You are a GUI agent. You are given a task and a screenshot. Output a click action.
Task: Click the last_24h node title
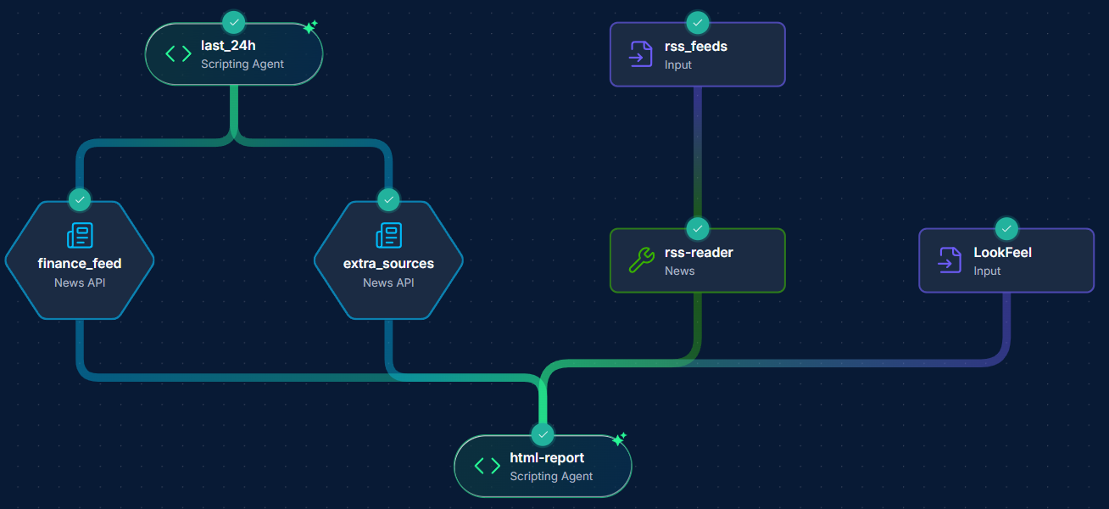(x=228, y=46)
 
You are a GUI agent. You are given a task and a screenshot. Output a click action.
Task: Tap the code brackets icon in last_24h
(x=178, y=54)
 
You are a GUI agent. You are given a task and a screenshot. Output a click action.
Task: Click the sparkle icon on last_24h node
(x=309, y=27)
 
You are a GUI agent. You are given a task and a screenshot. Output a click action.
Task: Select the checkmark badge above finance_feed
(x=80, y=199)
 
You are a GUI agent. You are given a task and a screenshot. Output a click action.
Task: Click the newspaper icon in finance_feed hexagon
(x=80, y=236)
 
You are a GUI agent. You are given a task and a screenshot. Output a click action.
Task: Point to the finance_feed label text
(x=80, y=264)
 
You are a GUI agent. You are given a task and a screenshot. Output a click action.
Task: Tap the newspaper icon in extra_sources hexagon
(x=388, y=236)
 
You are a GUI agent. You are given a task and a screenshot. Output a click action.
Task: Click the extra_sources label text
(x=388, y=264)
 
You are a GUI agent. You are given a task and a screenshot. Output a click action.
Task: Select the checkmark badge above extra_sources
(x=388, y=199)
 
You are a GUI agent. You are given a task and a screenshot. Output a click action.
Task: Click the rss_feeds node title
(x=695, y=47)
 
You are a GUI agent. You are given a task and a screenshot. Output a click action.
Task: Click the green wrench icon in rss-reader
(x=641, y=260)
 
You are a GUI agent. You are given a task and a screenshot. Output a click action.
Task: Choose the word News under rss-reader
(x=679, y=271)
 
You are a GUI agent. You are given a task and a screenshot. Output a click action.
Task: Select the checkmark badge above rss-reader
(x=697, y=228)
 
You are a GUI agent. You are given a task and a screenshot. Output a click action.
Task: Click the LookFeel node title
(x=1002, y=253)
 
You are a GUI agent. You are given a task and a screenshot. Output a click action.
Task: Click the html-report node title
(x=547, y=458)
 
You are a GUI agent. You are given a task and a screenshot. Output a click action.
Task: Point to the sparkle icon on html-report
(x=619, y=439)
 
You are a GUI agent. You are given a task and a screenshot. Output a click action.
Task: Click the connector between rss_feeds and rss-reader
(x=697, y=157)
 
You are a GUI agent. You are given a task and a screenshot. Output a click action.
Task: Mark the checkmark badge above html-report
(x=543, y=434)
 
